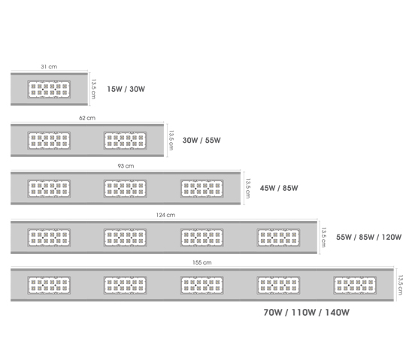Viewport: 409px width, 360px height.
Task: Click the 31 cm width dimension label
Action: (49, 67)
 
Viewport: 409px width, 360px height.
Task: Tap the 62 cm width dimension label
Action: (87, 118)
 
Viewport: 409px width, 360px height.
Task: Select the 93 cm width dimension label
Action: (126, 166)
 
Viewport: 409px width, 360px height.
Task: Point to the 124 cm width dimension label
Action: (165, 215)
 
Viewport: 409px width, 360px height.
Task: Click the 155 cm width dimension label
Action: (202, 262)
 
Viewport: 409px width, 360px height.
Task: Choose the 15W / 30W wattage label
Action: (126, 89)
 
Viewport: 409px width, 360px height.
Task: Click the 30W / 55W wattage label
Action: (201, 141)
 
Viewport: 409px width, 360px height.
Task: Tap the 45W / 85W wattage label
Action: (279, 188)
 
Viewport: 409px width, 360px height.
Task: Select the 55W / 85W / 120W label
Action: (369, 237)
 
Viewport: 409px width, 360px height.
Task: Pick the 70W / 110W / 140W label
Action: (307, 313)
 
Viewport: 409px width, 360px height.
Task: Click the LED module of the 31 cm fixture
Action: (49, 89)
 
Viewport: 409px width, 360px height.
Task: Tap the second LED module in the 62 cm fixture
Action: (126, 141)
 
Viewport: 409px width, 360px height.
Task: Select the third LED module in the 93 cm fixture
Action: (202, 189)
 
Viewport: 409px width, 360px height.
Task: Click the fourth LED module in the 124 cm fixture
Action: (278, 237)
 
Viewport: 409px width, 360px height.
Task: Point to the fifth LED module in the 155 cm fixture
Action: (355, 285)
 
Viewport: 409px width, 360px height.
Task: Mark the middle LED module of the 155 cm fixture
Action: (202, 285)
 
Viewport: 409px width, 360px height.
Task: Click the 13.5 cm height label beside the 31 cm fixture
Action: (94, 89)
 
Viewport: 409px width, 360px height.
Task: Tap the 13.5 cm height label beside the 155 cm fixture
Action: (401, 285)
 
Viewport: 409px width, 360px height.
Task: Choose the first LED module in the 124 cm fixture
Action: (49, 237)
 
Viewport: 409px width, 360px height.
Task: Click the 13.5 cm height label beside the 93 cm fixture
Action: (248, 188)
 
